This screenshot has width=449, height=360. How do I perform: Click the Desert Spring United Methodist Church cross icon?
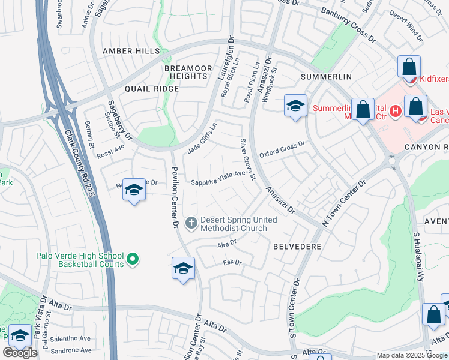[x=191, y=224]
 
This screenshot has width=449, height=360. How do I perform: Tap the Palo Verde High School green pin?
[x=133, y=259]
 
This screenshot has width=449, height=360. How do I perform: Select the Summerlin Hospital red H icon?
[x=395, y=110]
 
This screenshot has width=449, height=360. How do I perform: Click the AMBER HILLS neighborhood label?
[x=131, y=52]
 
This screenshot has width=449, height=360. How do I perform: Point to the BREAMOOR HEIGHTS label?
[x=188, y=73]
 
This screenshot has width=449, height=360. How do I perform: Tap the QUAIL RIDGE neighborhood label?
[x=152, y=89]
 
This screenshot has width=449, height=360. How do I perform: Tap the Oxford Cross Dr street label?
[x=283, y=150]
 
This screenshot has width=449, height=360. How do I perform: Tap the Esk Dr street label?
[x=232, y=262]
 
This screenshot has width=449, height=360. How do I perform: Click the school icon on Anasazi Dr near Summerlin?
[x=295, y=106]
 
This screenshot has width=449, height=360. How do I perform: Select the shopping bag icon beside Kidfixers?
[x=409, y=66]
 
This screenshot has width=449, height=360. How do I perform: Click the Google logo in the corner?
[x=20, y=352]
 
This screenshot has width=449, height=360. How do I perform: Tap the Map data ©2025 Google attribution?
[x=411, y=355]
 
